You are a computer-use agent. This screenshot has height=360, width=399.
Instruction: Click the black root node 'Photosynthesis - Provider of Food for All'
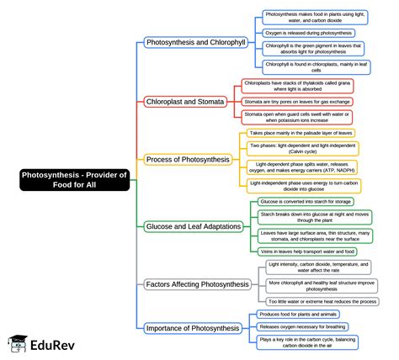pyautogui.click(x=74, y=179)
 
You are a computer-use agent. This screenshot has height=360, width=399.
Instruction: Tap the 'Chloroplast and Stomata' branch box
pyautogui.click(x=185, y=102)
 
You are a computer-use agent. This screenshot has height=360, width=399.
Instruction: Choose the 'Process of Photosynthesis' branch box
pyautogui.click(x=187, y=159)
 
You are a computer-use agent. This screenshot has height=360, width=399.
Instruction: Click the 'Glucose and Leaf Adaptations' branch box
pyautogui.click(x=194, y=226)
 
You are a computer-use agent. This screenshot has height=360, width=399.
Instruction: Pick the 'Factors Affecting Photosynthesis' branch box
pyautogui.click(x=197, y=283)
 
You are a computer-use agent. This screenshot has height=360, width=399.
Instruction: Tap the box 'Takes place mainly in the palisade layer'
pyautogui.click(x=301, y=133)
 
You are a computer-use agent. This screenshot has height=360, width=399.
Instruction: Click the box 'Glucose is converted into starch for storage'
pyautogui.click(x=306, y=202)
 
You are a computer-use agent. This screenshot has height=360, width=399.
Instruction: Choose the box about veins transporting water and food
pyautogui.click(x=307, y=251)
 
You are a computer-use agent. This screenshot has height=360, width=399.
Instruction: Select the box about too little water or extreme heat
pyautogui.click(x=322, y=301)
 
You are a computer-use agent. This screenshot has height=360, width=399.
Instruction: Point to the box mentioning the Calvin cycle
pyautogui.click(x=302, y=148)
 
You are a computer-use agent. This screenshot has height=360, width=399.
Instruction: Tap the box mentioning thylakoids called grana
pyautogui.click(x=296, y=86)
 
